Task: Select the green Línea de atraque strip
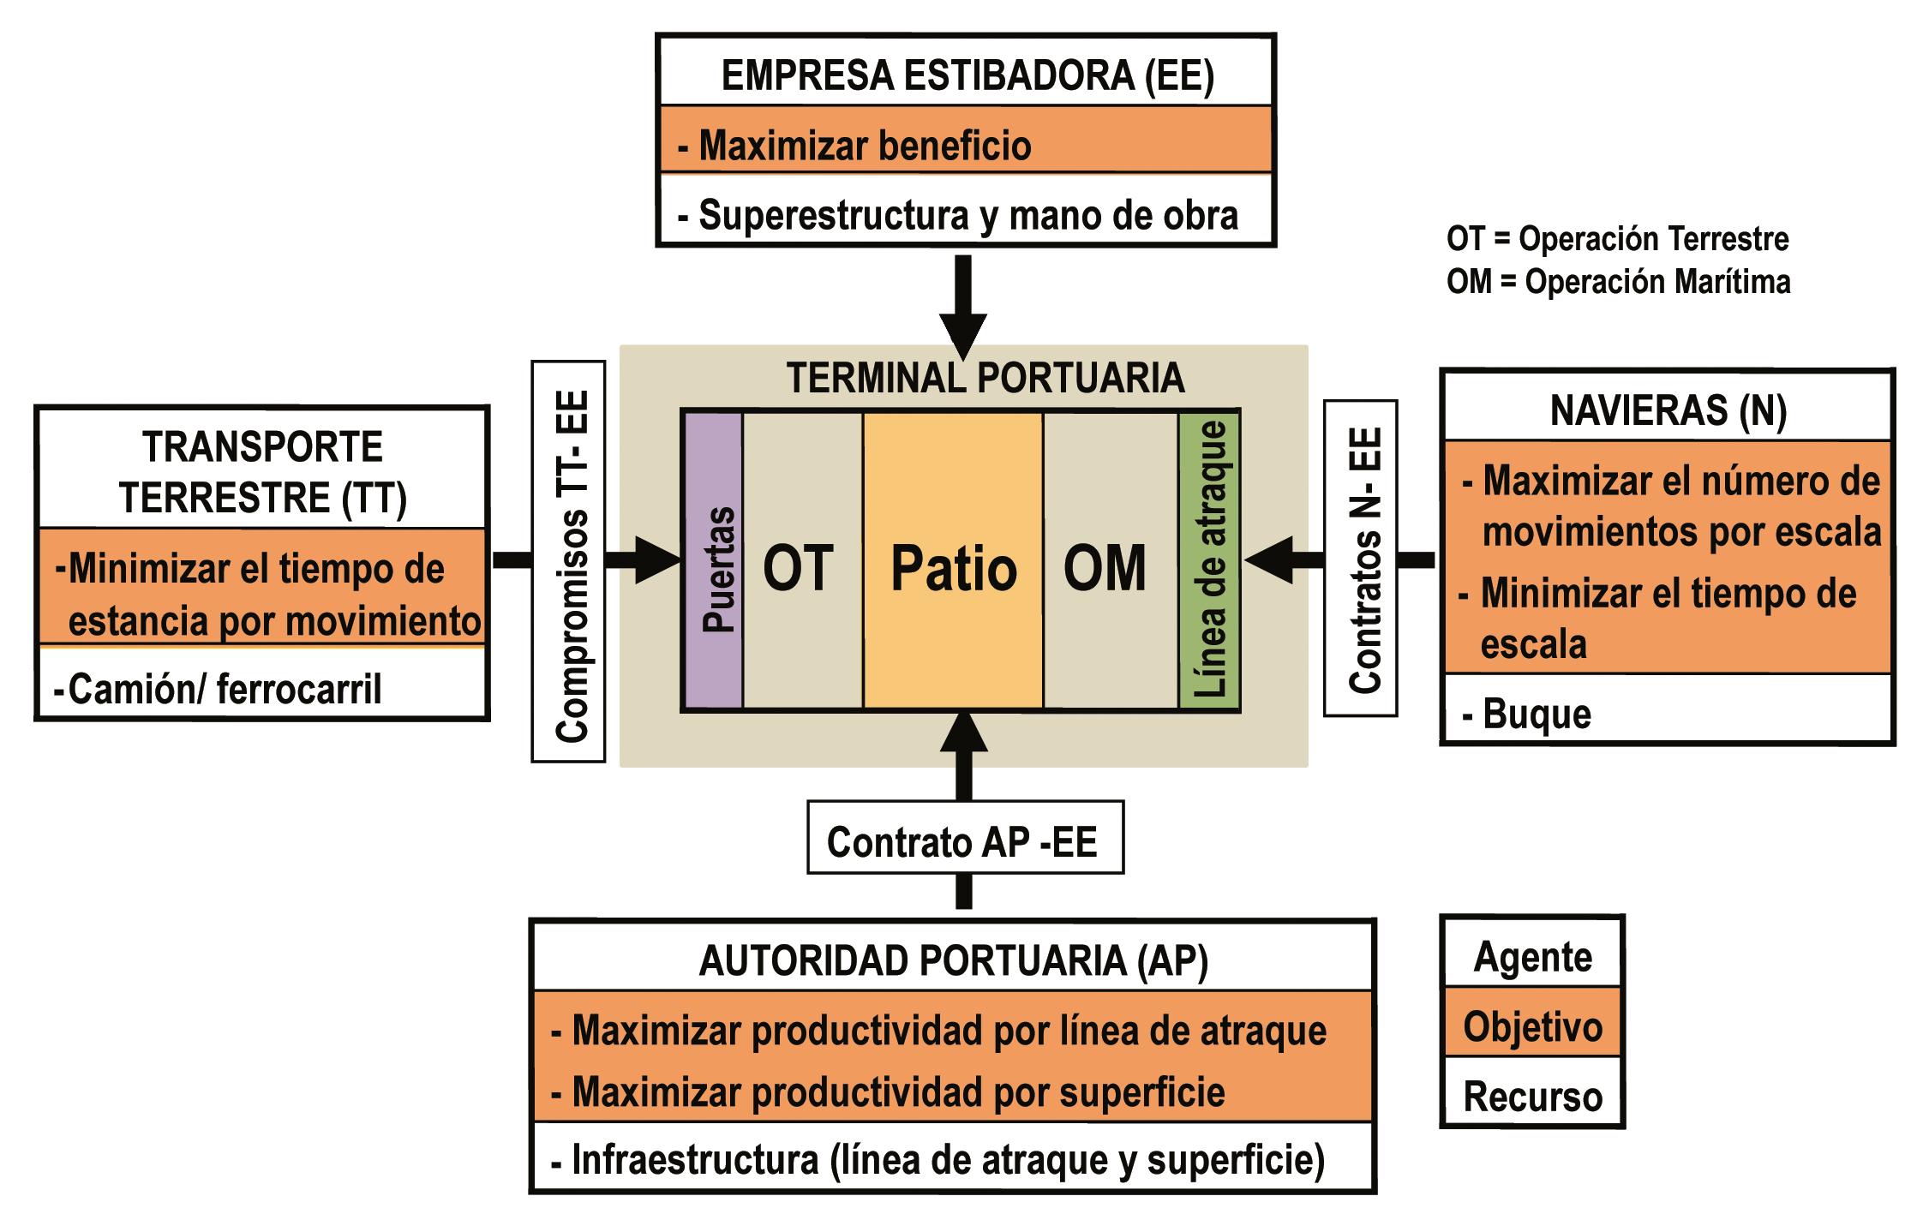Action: [1209, 562]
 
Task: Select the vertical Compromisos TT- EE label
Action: [569, 562]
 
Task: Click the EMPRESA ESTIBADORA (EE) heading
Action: [967, 75]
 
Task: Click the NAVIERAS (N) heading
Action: [1668, 410]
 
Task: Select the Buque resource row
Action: [1668, 713]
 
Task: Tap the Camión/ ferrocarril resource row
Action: [262, 688]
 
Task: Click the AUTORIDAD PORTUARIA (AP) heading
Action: [953, 960]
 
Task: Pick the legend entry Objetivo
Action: [1532, 1025]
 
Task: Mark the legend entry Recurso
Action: [1532, 1095]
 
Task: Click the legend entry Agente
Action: [1532, 954]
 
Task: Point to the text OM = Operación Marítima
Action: [1618, 282]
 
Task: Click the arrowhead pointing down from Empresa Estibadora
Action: [964, 334]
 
